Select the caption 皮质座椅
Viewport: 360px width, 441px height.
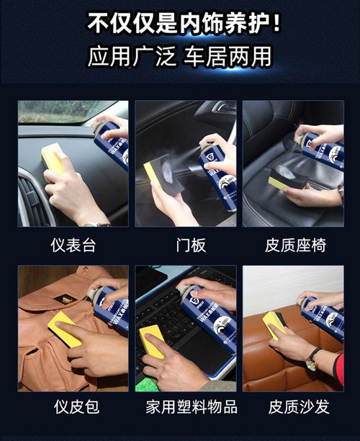tap(296, 246)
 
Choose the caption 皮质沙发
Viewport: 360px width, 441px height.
tap(296, 407)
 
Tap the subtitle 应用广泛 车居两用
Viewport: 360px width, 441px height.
tap(180, 57)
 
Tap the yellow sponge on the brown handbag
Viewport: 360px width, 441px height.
tap(64, 329)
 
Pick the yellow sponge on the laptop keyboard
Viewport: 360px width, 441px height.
tap(152, 340)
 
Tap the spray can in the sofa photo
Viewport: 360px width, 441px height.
tap(321, 317)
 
